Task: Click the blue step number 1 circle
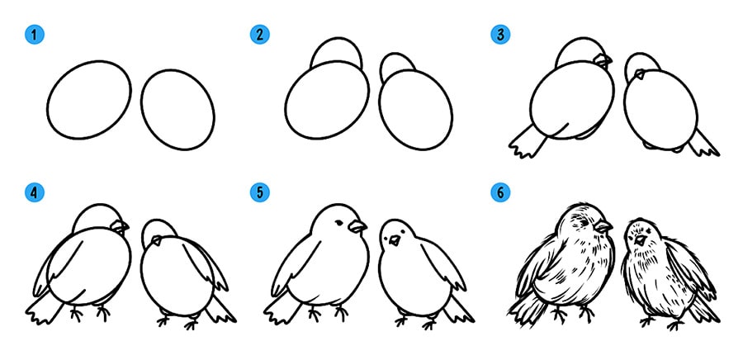click(34, 35)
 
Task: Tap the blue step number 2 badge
click(260, 35)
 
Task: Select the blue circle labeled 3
click(500, 35)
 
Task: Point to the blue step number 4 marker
click(34, 192)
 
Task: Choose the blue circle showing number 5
click(260, 192)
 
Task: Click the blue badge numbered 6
click(500, 192)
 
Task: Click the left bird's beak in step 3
click(603, 60)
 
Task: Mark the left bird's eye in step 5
click(339, 222)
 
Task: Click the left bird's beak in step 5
click(357, 226)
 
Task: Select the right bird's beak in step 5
click(395, 240)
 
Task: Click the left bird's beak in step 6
click(603, 226)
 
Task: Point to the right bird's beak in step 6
click(641, 239)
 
